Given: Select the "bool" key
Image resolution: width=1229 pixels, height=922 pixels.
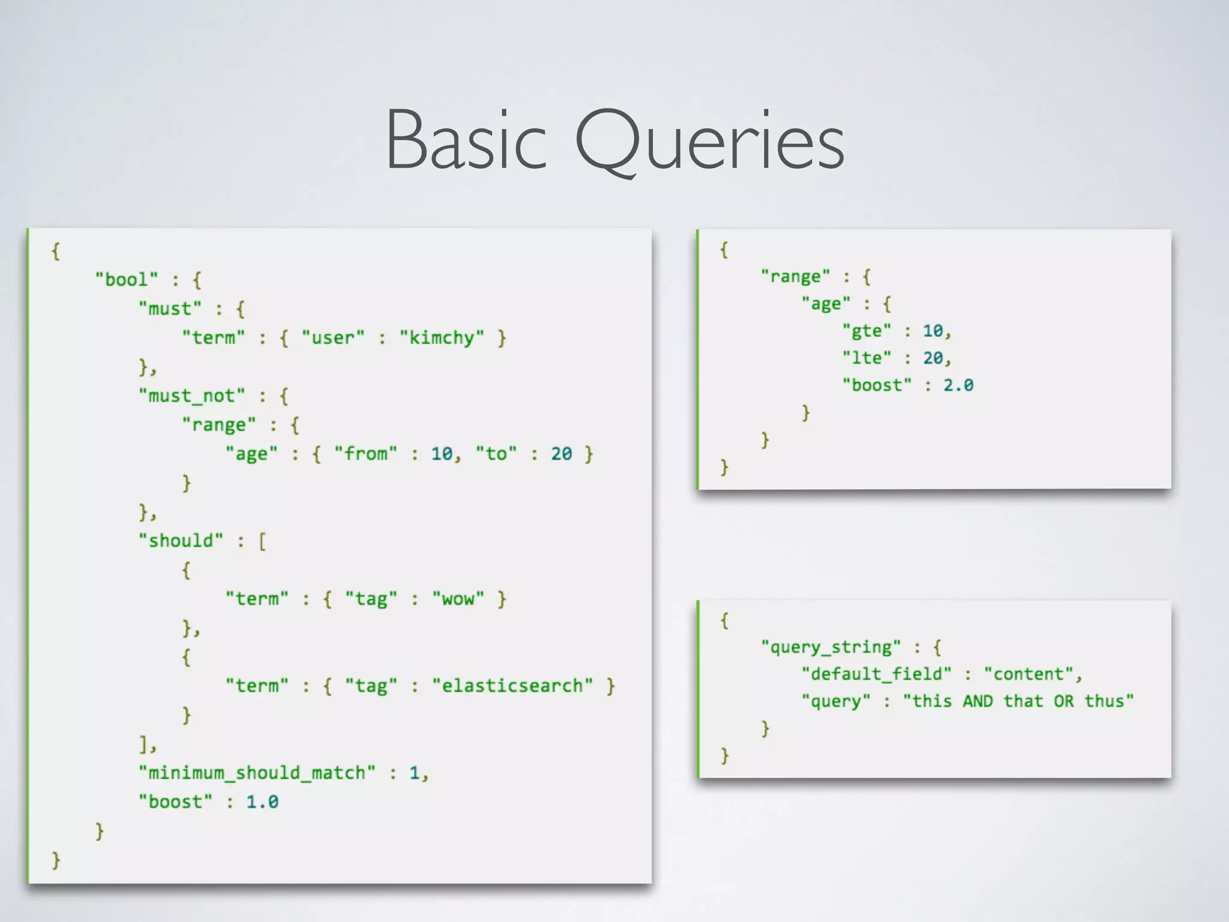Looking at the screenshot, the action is pos(126,280).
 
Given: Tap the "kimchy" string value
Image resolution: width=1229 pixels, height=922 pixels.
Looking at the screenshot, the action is pos(442,338).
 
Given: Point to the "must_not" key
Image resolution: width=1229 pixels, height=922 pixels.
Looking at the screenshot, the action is pos(192,396).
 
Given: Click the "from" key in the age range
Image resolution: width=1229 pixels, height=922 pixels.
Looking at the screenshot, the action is pos(365,454).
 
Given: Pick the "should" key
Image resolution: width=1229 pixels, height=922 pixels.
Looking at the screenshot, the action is pos(181,541).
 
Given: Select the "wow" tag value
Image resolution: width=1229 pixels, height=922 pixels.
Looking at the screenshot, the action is pos(458,599).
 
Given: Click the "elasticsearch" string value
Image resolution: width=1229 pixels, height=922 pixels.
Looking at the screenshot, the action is pos(512,686).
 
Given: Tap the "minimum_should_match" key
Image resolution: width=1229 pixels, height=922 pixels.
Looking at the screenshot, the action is pos(257,773).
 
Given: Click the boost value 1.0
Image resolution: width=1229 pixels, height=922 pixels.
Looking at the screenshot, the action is pos(262,802).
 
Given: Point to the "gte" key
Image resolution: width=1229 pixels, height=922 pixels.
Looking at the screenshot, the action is pos(867,331).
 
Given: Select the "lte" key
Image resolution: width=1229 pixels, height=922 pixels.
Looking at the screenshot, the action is pos(867,358).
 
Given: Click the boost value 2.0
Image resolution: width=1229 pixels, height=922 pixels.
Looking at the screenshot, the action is pos(958,385).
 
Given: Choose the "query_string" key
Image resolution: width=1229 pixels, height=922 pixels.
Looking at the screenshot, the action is pos(831,647).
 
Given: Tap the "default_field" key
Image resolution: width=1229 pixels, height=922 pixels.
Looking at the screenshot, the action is pos(876,674).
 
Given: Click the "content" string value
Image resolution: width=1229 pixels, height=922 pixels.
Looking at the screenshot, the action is pos(1028,674).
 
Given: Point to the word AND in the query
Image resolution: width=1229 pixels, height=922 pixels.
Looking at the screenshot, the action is pos(978,701).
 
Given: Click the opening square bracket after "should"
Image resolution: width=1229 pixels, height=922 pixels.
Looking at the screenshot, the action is pos(262,541).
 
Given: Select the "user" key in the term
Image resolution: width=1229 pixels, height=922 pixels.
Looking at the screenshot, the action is pos(333,338).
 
